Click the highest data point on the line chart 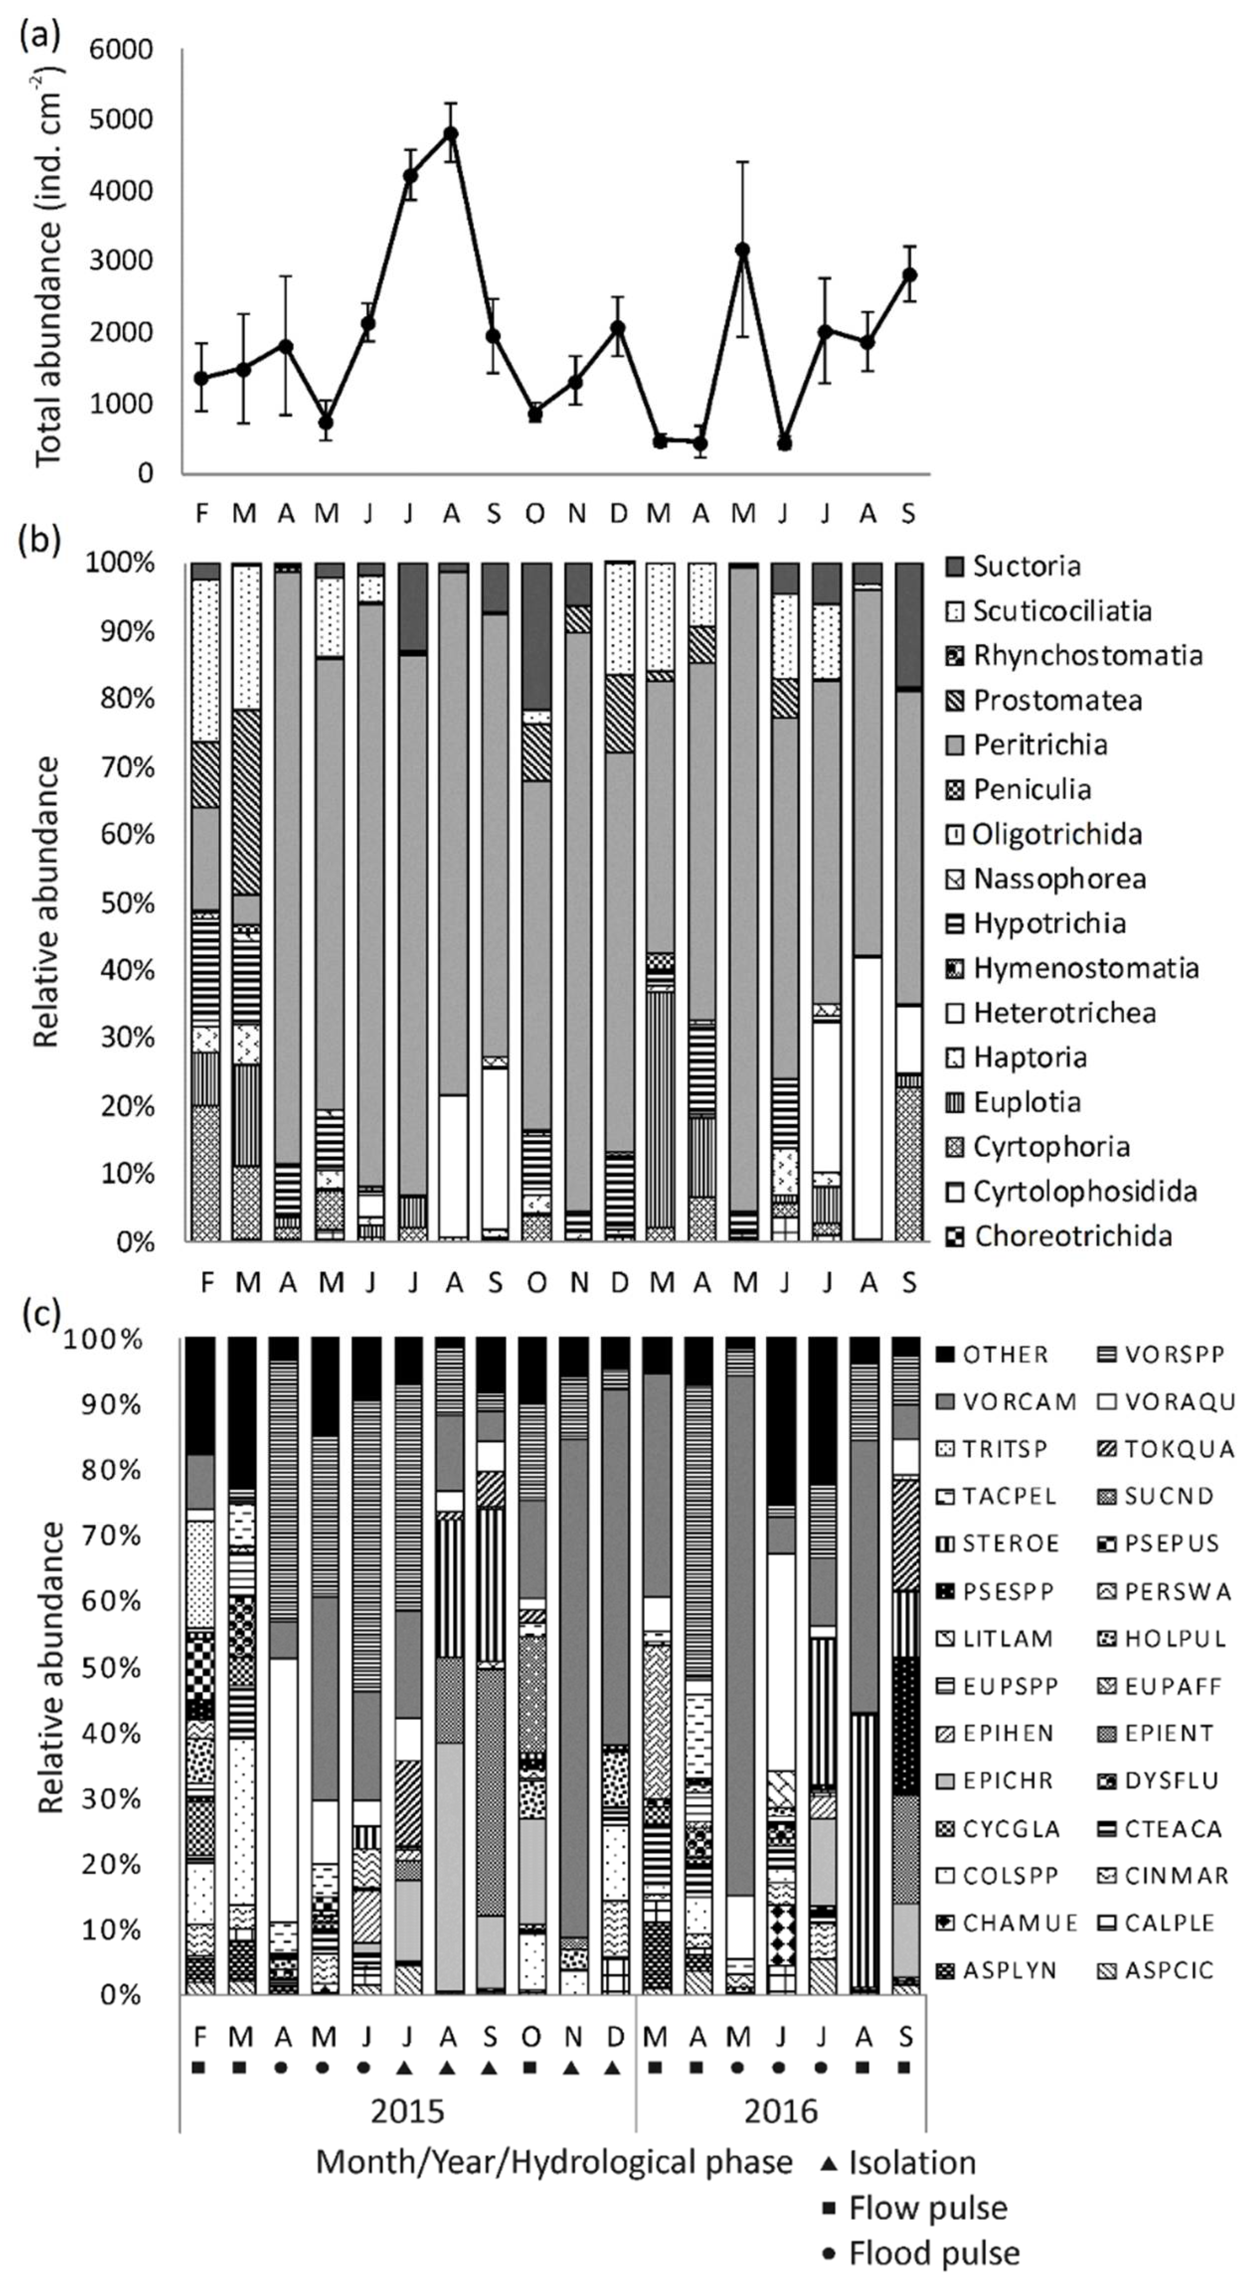coord(451,133)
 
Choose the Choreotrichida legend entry coord(1072,1236)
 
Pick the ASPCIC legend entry coord(1168,1970)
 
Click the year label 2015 coord(407,2111)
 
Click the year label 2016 coord(781,2111)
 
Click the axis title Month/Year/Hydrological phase coord(553,2164)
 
